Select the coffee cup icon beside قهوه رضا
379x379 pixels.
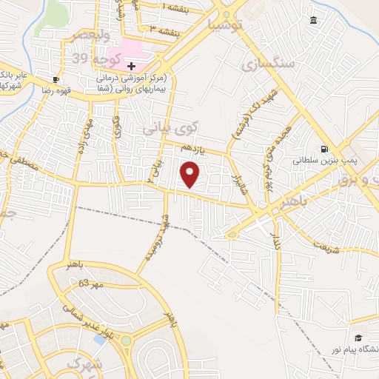click(x=56, y=79)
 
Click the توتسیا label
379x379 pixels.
click(x=226, y=26)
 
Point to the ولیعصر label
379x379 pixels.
click(x=90, y=35)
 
